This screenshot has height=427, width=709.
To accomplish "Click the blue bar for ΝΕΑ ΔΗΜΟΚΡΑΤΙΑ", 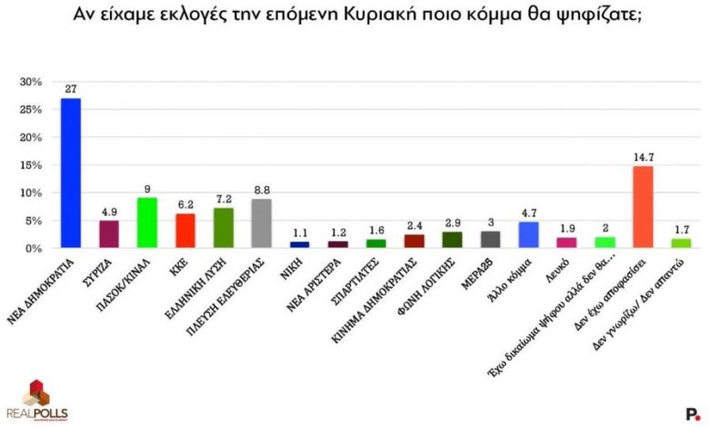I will [x=70, y=173].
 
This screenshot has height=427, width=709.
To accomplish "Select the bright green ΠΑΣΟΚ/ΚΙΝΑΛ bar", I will [x=146, y=223].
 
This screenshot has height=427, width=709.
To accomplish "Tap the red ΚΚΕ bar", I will [x=185, y=231].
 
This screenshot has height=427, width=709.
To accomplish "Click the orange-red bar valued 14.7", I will [x=643, y=207].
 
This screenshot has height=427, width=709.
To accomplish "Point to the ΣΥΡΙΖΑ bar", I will [x=108, y=234].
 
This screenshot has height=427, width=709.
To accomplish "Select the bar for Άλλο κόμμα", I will [x=528, y=235].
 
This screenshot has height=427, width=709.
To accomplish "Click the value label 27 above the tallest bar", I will [x=70, y=88].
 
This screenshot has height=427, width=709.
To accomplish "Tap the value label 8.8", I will [x=261, y=190].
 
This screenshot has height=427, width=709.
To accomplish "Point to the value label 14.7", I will [x=643, y=157].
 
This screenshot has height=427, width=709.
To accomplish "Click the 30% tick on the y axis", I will [x=31, y=82].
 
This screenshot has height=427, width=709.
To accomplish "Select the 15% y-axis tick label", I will [x=31, y=165].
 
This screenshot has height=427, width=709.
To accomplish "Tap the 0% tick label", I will [x=35, y=248].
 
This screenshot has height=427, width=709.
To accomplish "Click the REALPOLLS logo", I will [x=35, y=400].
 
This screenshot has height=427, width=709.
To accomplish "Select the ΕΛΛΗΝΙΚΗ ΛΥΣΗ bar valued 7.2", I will [x=223, y=228].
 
